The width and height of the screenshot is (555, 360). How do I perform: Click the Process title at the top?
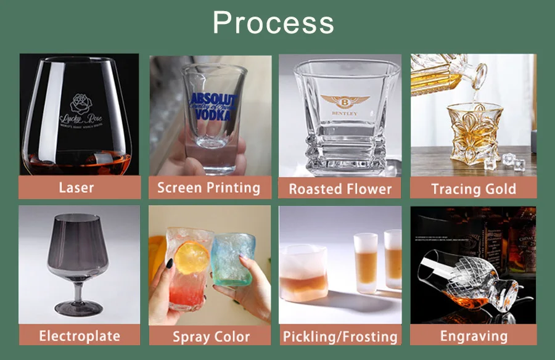273,23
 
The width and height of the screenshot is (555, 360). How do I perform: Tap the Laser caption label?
76,187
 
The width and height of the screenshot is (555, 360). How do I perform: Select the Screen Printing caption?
208,187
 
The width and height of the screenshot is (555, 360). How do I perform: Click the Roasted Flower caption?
340,189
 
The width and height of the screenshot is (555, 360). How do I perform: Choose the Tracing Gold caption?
473,189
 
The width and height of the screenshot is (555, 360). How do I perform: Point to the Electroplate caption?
80,335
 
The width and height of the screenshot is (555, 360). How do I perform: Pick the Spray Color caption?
211,337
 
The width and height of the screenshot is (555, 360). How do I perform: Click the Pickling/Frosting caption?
340,337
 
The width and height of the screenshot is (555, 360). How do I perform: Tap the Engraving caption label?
474,335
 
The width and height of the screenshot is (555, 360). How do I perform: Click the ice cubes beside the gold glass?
511,161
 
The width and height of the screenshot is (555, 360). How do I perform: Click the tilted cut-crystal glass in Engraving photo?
469,271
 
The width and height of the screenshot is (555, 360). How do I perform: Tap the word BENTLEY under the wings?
344,114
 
